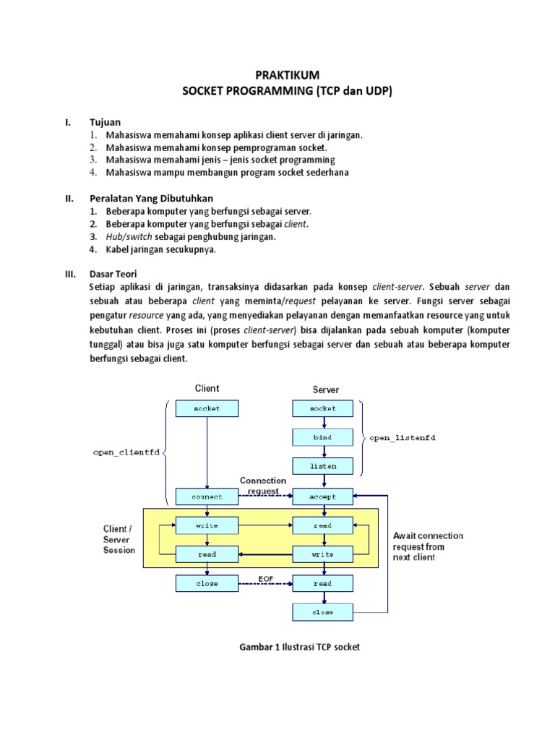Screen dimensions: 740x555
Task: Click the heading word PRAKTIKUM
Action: pyautogui.click(x=288, y=75)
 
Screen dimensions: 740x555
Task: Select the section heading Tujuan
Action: pyautogui.click(x=106, y=122)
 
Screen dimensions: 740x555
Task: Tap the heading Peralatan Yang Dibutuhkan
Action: pyautogui.click(x=151, y=198)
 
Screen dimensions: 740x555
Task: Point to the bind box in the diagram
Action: pyautogui.click(x=323, y=438)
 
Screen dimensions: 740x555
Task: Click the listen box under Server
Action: pyautogui.click(x=323, y=467)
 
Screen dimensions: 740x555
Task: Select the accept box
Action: pyautogui.click(x=323, y=496)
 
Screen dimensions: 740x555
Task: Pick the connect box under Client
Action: pyautogui.click(x=207, y=496)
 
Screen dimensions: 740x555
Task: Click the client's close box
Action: pyautogui.click(x=207, y=583)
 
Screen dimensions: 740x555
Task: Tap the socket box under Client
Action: pyautogui.click(x=207, y=408)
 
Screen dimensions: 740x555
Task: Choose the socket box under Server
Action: pyautogui.click(x=323, y=408)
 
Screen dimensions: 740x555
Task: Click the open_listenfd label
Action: pyautogui.click(x=403, y=438)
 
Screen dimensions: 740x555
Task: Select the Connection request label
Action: pyautogui.click(x=263, y=486)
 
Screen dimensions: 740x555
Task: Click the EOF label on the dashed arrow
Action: pyautogui.click(x=264, y=577)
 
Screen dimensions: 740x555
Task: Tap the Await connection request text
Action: pyautogui.click(x=428, y=546)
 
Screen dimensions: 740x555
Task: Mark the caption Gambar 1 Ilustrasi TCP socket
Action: pyautogui.click(x=299, y=647)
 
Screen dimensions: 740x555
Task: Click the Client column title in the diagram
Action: pyautogui.click(x=207, y=388)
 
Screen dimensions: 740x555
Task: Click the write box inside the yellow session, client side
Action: pyautogui.click(x=207, y=525)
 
